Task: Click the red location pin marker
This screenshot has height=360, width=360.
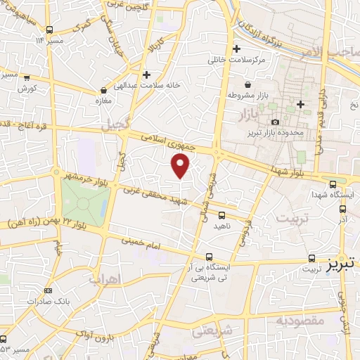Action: pyautogui.click(x=181, y=165)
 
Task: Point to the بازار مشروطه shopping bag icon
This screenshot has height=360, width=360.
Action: pyautogui.click(x=231, y=94)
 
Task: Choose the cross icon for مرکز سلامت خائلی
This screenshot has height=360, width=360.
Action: pyautogui.click(x=236, y=49)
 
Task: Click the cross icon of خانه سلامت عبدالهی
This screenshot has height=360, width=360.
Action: pyautogui.click(x=146, y=74)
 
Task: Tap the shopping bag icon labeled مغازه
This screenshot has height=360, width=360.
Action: pyautogui.click(x=104, y=90)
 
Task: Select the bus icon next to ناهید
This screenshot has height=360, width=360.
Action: pyautogui.click(x=222, y=215)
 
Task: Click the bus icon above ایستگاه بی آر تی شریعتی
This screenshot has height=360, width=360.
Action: pyautogui.click(x=208, y=257)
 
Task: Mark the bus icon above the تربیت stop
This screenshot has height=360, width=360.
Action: pyautogui.click(x=311, y=258)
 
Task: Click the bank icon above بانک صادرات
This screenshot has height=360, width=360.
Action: pyautogui.click(x=47, y=290)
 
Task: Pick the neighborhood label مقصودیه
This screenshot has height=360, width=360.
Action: pyautogui.click(x=302, y=322)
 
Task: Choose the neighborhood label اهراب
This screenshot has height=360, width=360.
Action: pyautogui.click(x=106, y=278)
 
